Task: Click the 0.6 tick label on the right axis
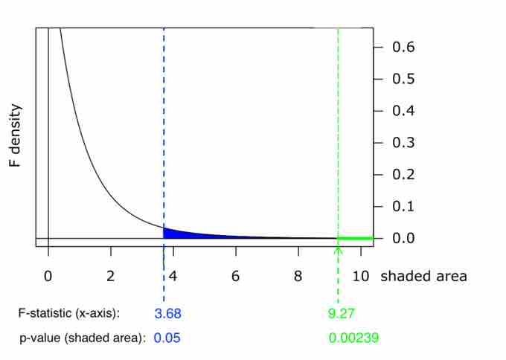[403, 47]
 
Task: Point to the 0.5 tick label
[403, 79]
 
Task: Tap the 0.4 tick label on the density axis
[403, 111]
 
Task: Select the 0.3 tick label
[403, 143]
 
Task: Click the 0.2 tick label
[403, 175]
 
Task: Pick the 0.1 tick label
[403, 207]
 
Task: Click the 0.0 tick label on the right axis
[403, 239]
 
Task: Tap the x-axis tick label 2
[111, 276]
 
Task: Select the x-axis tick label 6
[236, 276]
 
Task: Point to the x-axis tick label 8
[298, 276]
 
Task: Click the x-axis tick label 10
[361, 276]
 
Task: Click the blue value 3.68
[167, 314]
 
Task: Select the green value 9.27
[342, 314]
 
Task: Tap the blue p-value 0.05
[167, 338]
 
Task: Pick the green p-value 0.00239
[354, 338]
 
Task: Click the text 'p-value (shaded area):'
[82, 338]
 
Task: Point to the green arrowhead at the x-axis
[338, 249]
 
